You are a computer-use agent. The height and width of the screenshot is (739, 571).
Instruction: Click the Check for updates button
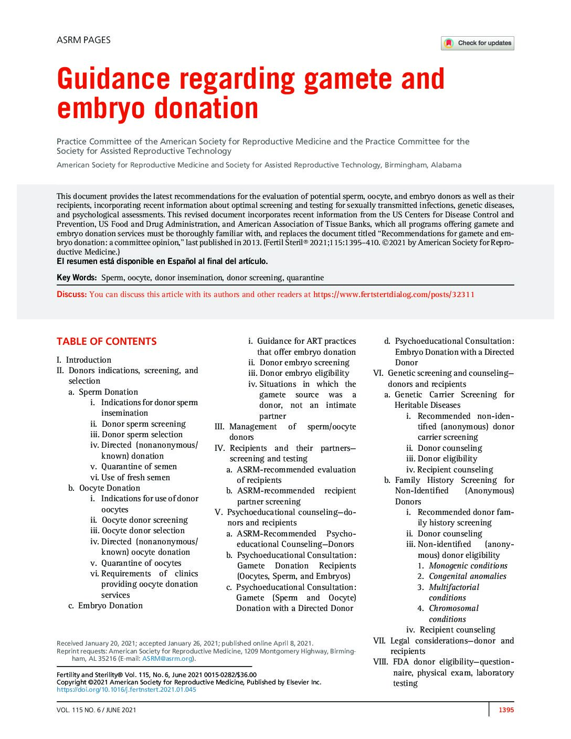click(x=477, y=43)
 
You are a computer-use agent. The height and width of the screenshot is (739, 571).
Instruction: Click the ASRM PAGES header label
click(x=83, y=40)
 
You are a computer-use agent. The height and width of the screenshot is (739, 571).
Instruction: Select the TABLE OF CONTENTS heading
click(x=107, y=342)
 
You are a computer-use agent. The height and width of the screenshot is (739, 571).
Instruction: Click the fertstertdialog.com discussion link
click(x=394, y=294)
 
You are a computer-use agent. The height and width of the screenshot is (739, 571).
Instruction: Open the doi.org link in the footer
click(x=126, y=690)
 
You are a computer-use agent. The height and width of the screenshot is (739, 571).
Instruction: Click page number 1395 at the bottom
click(x=506, y=710)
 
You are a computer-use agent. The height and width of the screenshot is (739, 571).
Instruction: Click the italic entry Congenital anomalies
click(x=468, y=576)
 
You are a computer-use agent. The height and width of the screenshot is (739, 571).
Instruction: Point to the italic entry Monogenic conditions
click(x=468, y=566)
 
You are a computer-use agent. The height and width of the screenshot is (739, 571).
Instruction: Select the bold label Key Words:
click(x=77, y=278)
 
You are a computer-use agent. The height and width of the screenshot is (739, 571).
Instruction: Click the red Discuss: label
click(x=71, y=294)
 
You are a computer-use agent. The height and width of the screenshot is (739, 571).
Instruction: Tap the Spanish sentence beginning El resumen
click(x=162, y=261)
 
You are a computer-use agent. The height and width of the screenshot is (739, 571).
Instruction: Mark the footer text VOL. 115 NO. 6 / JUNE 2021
click(x=96, y=710)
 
